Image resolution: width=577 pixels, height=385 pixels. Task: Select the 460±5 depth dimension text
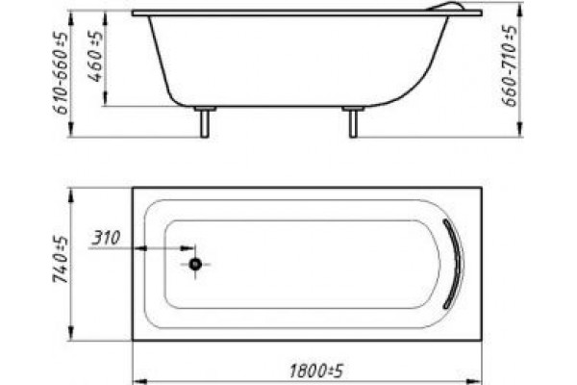tap(96, 56)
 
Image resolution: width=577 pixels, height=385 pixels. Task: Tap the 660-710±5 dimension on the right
tap(510, 65)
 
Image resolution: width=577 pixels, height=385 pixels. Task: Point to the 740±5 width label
tap(61, 259)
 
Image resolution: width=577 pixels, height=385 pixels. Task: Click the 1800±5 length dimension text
tap(316, 371)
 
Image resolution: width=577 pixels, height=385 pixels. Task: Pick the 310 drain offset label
tap(106, 238)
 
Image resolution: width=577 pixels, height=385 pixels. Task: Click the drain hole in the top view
tap(195, 264)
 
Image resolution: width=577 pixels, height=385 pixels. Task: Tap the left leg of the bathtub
tap(205, 122)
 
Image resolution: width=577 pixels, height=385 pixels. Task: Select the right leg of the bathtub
tap(353, 122)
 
